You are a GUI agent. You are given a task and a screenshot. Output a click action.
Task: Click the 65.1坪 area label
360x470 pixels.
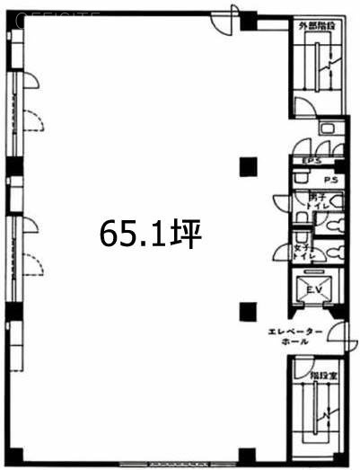pyautogui.click(x=150, y=235)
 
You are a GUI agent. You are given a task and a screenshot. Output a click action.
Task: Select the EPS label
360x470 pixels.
pyautogui.click(x=311, y=161)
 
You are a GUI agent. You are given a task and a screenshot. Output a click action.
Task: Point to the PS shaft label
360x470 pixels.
pyautogui.click(x=330, y=180)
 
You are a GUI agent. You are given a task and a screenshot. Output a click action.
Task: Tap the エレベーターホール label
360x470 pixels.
pyautogui.click(x=295, y=336)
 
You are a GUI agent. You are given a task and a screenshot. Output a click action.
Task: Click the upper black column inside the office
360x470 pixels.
pyautogui.click(x=247, y=164)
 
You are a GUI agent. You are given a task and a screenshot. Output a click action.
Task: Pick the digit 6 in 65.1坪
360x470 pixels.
pyautogui.click(x=109, y=235)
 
